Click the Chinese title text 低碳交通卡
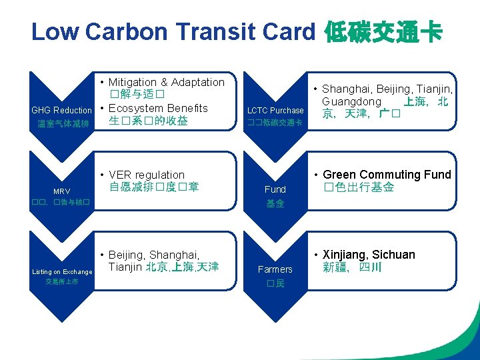[x=383, y=31]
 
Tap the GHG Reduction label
[x=61, y=110]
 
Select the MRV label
[x=61, y=191]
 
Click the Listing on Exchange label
[x=62, y=271]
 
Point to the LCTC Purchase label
[x=275, y=110]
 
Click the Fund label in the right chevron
[x=275, y=189]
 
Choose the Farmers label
[x=275, y=269]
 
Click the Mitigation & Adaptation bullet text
[x=166, y=82]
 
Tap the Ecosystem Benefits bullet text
[x=157, y=108]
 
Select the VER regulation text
[x=146, y=175]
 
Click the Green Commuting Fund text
[x=387, y=175]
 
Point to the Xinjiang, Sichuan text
[x=368, y=255]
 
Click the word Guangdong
[x=351, y=101]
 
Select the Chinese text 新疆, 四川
[x=352, y=267]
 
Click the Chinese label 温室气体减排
[x=63, y=123]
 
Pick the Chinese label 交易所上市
[x=62, y=282]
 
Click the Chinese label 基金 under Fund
[x=275, y=203]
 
